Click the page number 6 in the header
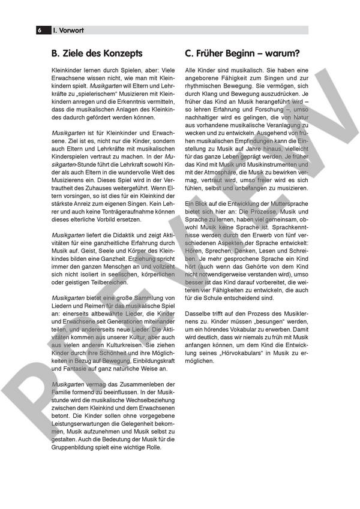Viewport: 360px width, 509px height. pyautogui.click(x=40, y=29)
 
